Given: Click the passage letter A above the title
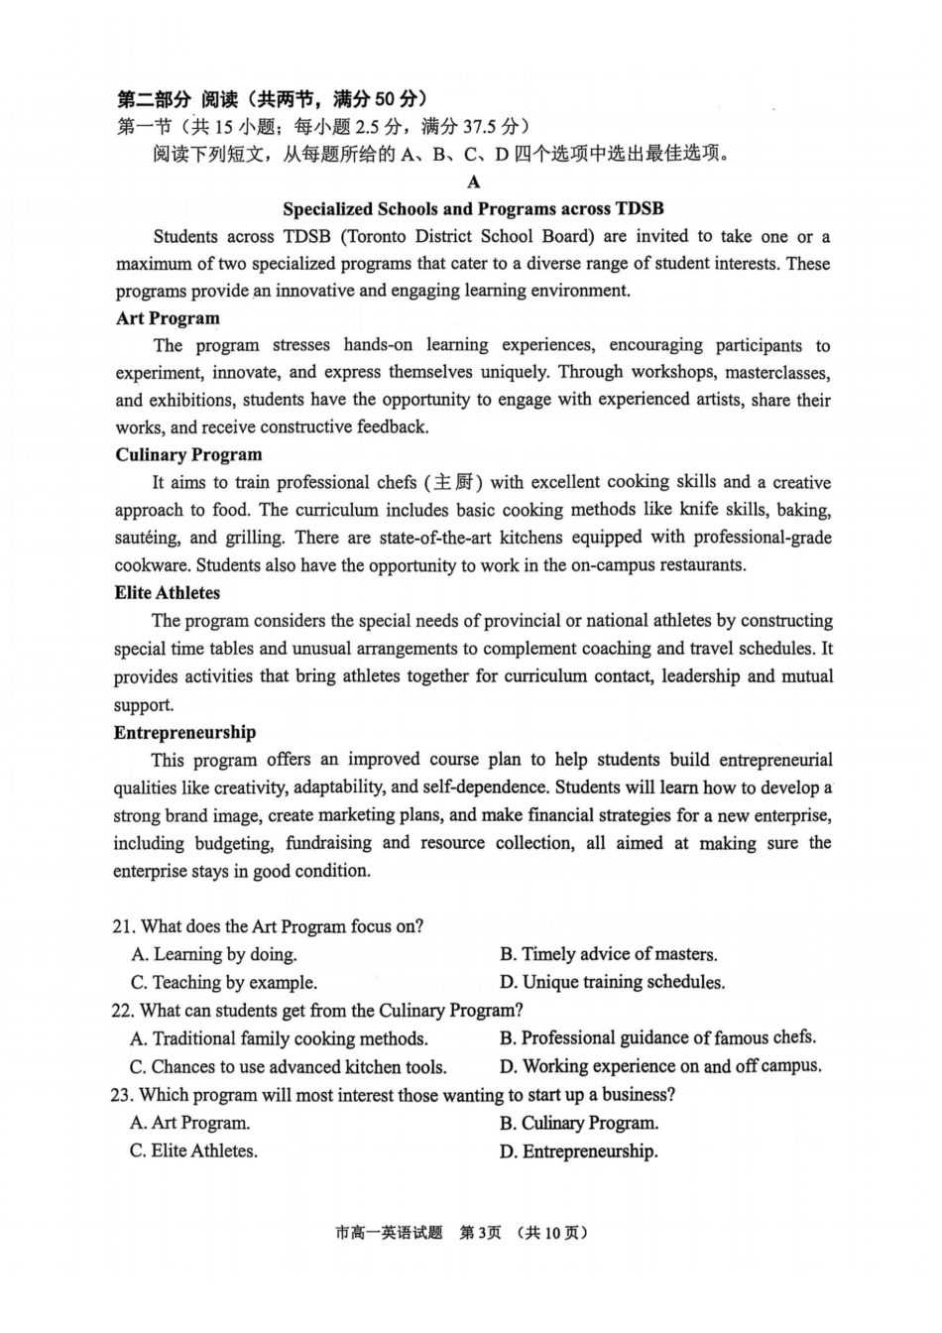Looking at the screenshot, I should [x=473, y=182].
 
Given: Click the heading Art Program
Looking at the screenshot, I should [x=168, y=318].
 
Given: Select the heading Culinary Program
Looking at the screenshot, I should [x=188, y=455].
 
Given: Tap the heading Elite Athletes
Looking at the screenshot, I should [x=167, y=593].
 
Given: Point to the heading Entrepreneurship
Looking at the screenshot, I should [x=184, y=733].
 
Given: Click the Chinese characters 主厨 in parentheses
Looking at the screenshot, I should [x=454, y=483].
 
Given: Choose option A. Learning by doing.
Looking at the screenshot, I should [x=214, y=954].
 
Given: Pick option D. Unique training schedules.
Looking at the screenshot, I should [x=612, y=982].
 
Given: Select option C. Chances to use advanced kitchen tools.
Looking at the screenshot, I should [x=288, y=1067].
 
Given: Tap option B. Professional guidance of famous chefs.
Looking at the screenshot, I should [x=657, y=1038].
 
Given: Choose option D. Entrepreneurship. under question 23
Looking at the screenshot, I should [x=578, y=1151].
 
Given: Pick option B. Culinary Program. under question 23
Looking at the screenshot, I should [x=578, y=1124].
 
